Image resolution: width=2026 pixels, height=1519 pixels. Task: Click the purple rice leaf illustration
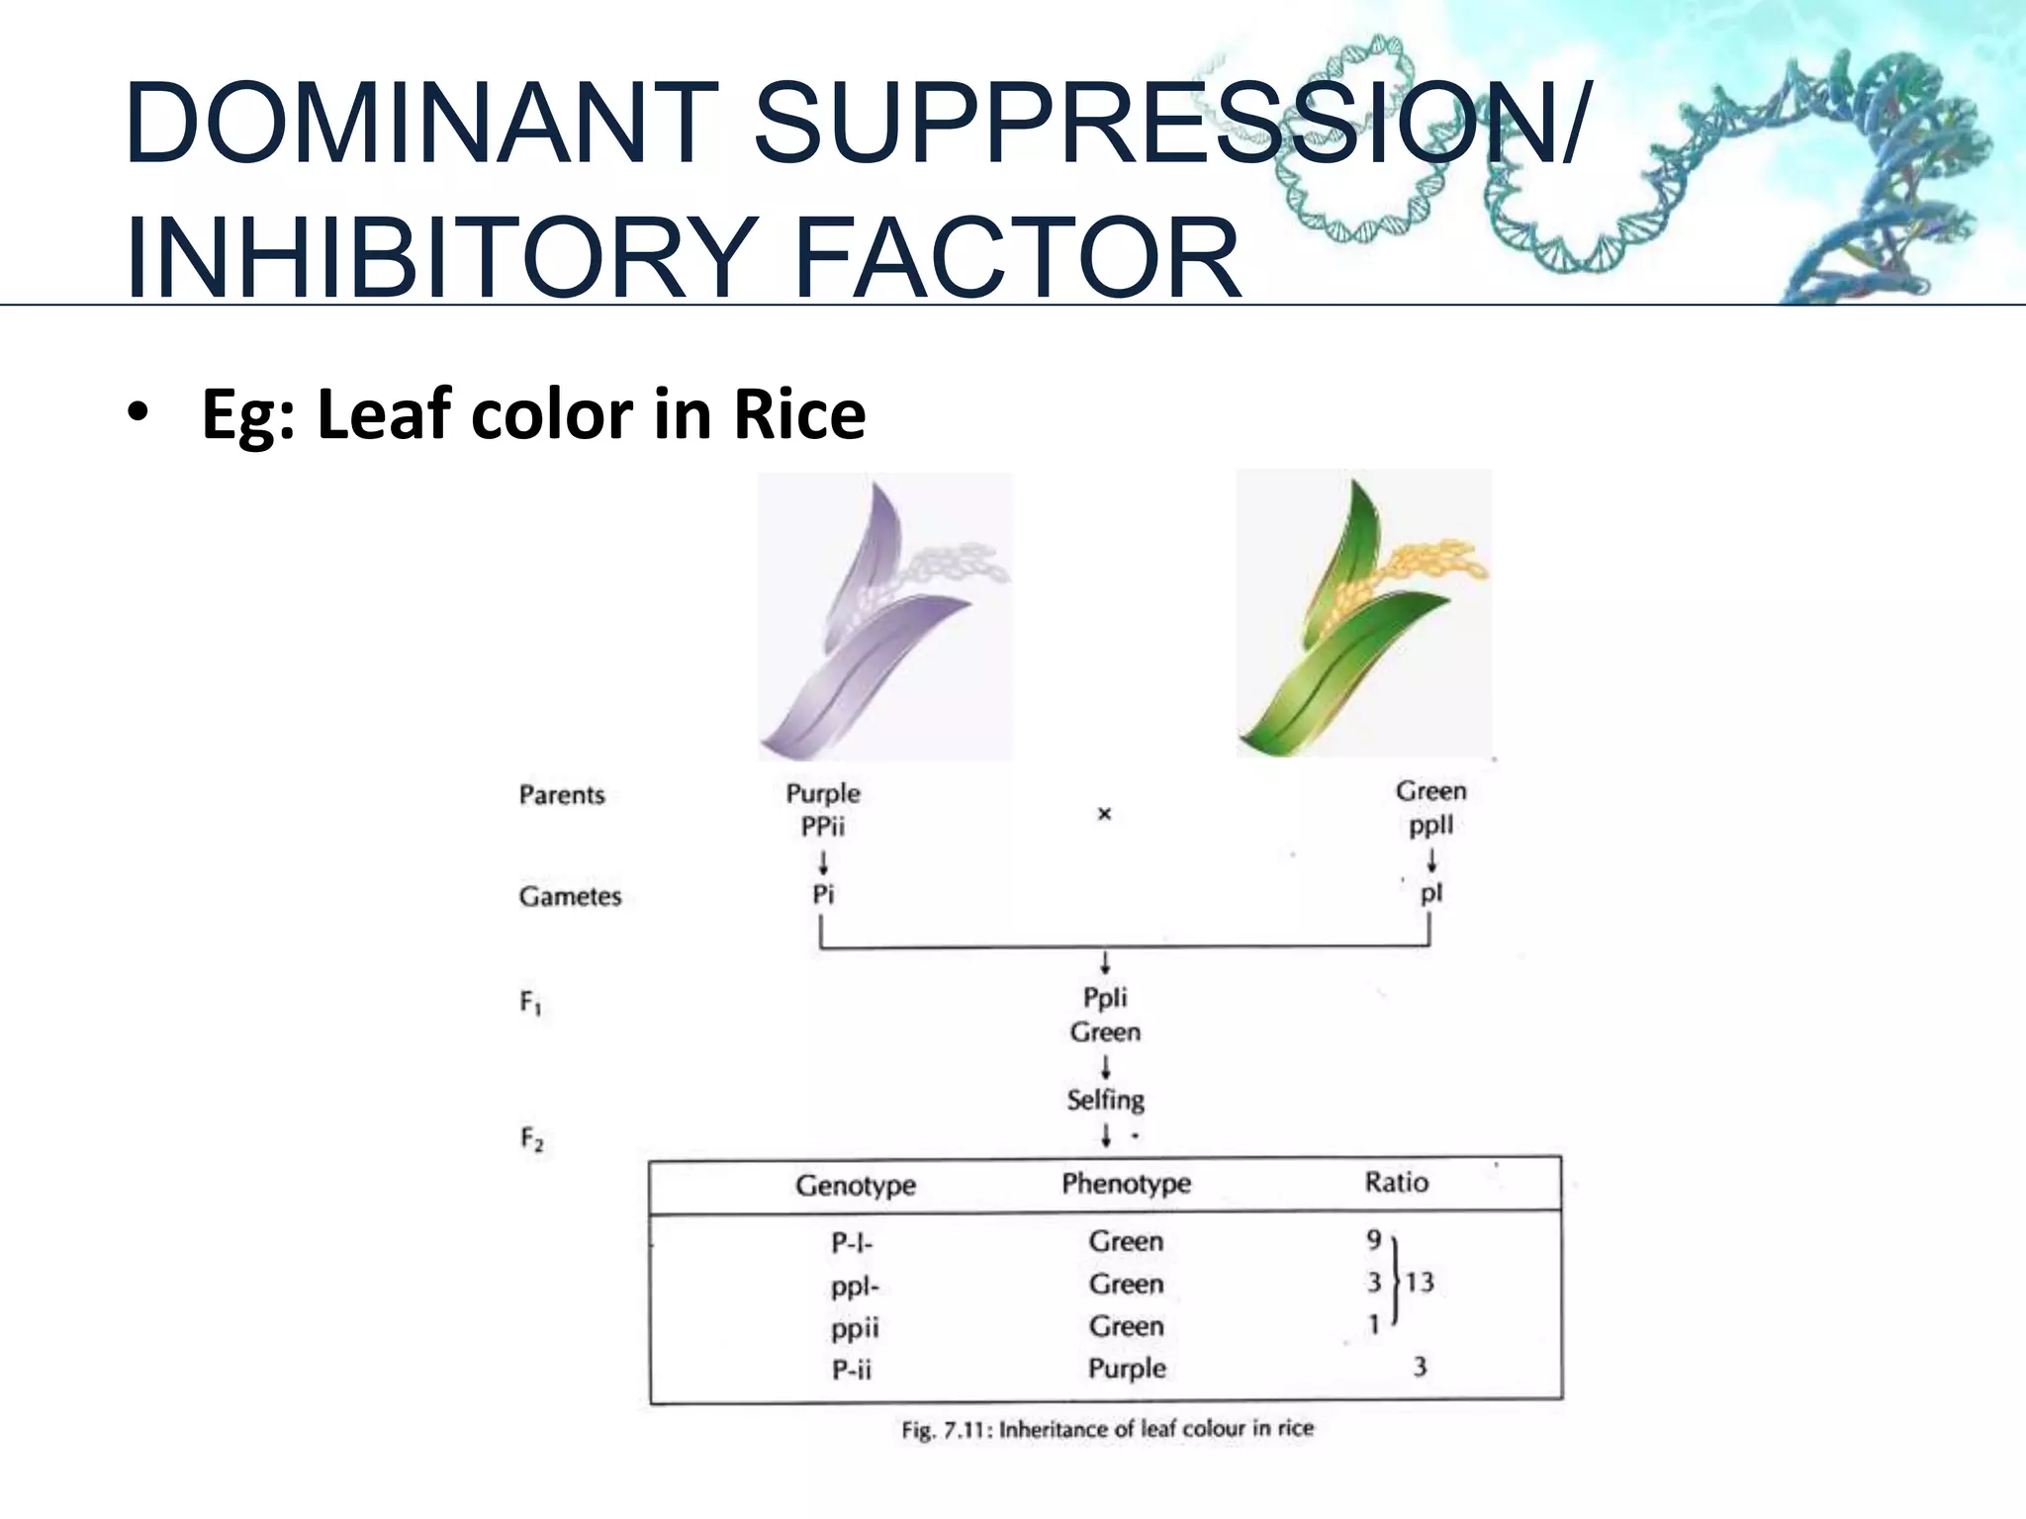coord(883,618)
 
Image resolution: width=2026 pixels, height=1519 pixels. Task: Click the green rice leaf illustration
coord(1363,614)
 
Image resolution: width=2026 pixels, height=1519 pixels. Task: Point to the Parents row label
coord(561,795)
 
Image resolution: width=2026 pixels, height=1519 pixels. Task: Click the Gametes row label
coord(570,897)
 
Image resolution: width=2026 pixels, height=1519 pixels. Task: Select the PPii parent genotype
coord(823,826)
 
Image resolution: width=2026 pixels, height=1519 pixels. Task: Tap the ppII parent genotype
coord(1430,825)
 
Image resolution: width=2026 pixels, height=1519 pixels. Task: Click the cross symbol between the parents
coord(1105,814)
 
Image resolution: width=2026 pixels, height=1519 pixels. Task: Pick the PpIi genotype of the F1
coord(1105,997)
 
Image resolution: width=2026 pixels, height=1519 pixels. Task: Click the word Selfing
coord(1105,1100)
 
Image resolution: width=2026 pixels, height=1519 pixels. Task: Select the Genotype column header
coord(856,1185)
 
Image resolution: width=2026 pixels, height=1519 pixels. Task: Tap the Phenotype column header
coord(1126,1184)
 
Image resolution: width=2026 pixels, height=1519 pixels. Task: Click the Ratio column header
coord(1396,1183)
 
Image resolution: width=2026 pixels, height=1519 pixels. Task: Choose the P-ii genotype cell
coord(852,1370)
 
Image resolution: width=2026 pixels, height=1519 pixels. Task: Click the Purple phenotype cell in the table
coord(1127,1369)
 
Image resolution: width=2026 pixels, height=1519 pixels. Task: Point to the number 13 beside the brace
coord(1420,1283)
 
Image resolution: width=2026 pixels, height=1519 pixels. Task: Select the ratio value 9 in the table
coord(1373,1239)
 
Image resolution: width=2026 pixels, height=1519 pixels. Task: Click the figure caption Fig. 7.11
coord(1107,1429)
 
